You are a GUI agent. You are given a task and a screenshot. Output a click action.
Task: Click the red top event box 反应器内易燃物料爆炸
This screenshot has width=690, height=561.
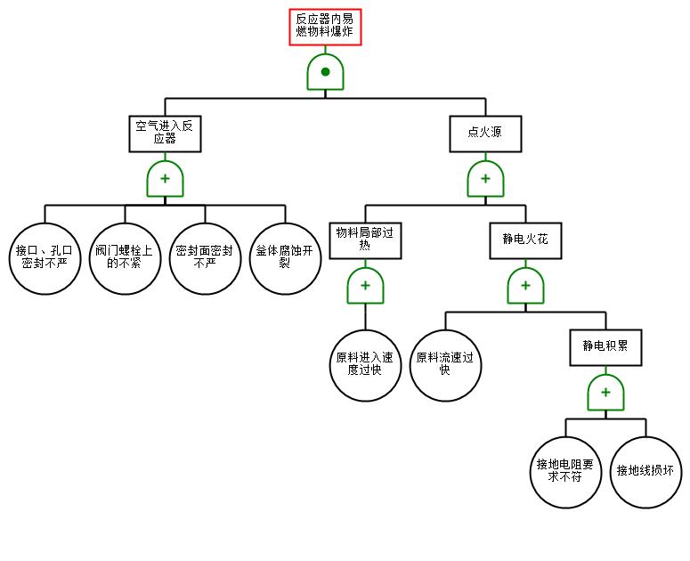click(x=325, y=27)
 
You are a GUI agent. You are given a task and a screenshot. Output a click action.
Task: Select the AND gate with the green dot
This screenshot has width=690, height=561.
click(x=325, y=72)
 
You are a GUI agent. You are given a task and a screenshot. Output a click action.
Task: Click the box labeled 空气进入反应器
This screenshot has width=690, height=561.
click(x=165, y=134)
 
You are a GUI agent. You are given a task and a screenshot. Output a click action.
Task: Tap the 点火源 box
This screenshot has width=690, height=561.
click(x=485, y=134)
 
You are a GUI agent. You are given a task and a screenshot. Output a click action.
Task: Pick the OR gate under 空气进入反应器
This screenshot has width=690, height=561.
click(x=165, y=179)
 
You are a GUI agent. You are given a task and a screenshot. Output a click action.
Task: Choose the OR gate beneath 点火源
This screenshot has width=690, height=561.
click(x=485, y=179)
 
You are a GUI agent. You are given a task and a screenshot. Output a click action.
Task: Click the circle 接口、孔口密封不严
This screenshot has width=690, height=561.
click(x=45, y=259)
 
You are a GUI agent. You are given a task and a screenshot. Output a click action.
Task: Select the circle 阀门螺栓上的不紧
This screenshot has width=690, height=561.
click(x=125, y=259)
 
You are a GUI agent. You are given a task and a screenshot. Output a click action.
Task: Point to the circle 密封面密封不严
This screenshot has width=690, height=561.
click(x=205, y=259)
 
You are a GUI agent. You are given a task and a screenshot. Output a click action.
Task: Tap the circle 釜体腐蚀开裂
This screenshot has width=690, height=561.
click(x=285, y=259)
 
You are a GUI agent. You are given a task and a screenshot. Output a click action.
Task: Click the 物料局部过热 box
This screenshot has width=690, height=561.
click(x=365, y=240)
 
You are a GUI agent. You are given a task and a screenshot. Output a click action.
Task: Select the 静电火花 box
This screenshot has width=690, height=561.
click(x=525, y=240)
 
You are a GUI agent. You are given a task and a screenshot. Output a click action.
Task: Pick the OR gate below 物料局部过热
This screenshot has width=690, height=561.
click(x=365, y=286)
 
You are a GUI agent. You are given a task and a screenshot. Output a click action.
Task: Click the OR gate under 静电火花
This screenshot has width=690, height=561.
click(x=525, y=286)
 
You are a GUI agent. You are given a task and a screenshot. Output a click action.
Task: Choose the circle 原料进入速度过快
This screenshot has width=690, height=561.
click(x=365, y=366)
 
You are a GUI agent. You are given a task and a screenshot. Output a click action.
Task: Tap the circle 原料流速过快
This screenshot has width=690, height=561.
click(x=445, y=366)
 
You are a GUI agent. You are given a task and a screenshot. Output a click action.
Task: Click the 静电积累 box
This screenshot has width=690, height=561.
click(x=605, y=347)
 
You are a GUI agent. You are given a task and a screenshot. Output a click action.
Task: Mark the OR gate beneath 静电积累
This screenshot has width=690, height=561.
click(x=605, y=393)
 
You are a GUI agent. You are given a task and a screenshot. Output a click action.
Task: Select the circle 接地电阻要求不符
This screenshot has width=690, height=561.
click(x=565, y=473)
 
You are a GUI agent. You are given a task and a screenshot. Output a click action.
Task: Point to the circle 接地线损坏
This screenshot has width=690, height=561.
click(x=645, y=473)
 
